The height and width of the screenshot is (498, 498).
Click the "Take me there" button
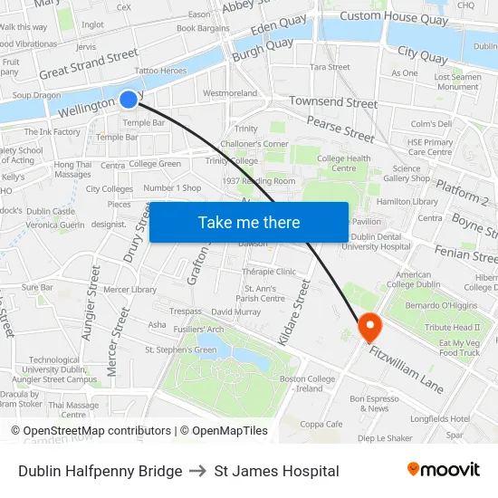pos(249,222)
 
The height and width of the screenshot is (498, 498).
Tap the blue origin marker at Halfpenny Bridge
pos(129,100)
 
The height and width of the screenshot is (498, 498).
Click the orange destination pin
pos(370,326)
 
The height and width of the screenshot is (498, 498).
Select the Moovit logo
pos(444,470)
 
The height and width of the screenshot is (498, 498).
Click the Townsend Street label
pos(333,103)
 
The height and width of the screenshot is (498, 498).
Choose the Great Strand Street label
pos(89,63)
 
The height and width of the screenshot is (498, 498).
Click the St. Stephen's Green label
pos(181,350)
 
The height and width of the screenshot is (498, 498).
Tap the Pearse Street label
pos(340,129)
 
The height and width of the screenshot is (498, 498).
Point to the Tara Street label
pos(330,67)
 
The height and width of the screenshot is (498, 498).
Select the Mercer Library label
pos(130,290)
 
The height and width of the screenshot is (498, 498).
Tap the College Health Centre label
pos(344,163)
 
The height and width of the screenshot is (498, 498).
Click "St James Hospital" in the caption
pos(277,471)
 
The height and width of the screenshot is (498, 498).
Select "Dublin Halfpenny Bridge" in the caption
pos(100,471)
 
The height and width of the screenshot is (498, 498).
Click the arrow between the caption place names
pos(198,471)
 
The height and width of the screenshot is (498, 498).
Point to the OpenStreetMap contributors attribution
pos(91,431)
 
